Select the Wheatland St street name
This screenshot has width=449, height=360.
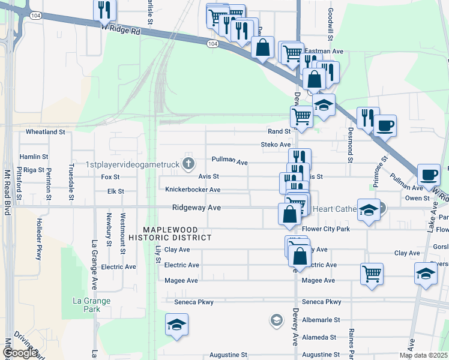click(45, 131)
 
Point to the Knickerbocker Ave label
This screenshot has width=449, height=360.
click(193, 190)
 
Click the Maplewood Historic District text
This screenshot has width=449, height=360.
click(178, 234)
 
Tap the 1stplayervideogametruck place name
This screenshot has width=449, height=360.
click(133, 164)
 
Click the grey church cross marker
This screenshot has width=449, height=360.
click(188, 163)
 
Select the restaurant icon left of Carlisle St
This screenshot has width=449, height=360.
click(104, 10)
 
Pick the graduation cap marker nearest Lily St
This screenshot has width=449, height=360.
click(176, 325)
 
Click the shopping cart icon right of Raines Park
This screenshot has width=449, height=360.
click(372, 274)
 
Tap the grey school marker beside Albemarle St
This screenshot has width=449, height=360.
click(276, 319)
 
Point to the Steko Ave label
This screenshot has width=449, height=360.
click(276, 145)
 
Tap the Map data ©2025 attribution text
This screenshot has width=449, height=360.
click(423, 355)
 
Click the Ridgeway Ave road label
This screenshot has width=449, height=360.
click(196, 208)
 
